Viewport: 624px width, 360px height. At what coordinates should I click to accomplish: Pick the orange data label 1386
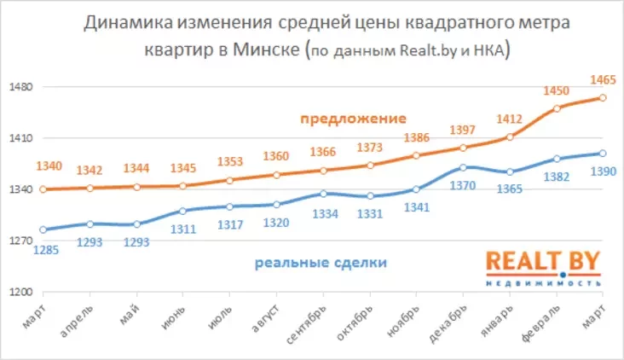point(416,137)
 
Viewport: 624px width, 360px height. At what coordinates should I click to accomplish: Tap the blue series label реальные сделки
point(321,263)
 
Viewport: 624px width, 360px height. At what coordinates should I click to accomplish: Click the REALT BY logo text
point(544,262)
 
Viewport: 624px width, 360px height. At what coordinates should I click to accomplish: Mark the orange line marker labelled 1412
point(510,137)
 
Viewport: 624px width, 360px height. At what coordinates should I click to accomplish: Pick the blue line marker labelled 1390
point(603,154)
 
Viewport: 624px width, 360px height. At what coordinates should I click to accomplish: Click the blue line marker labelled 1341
point(416,189)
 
